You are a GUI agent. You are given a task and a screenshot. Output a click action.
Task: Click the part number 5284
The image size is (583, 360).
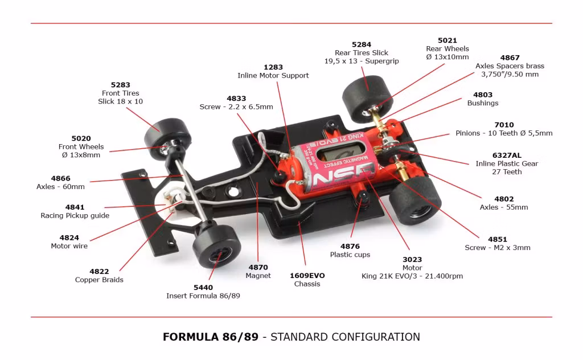pos(362,44)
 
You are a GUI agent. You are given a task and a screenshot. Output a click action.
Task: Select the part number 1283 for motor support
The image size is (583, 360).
pos(273,67)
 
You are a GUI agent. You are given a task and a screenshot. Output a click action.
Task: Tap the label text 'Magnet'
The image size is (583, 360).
pos(258,276)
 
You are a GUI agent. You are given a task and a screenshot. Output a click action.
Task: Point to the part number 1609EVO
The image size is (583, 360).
pos(307,276)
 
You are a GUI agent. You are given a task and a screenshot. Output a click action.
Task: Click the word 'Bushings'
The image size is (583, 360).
pos(483,103)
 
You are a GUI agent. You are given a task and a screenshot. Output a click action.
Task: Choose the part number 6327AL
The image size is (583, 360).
pos(507,156)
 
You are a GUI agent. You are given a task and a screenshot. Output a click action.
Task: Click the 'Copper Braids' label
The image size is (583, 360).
pos(99,280)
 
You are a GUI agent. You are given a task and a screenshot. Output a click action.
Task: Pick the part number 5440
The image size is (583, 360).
pos(203,288)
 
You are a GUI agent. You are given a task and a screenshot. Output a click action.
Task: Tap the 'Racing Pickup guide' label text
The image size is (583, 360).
pos(75,215)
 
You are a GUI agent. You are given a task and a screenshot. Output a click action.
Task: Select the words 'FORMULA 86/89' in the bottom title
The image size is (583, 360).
pos(211,337)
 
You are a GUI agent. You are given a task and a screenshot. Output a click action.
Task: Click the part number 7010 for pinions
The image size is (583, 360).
pos(504,125)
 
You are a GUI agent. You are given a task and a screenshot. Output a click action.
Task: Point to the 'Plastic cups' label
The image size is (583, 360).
pos(350,255)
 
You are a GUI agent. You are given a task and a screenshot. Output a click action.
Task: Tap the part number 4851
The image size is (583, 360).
pos(498,239)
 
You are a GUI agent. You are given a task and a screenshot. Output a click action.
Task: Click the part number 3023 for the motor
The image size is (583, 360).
pos(412,260)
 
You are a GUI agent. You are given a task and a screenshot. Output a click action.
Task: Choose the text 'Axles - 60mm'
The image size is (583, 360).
pos(60,187)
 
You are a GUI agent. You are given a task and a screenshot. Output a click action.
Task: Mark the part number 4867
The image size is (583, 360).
pos(510,58)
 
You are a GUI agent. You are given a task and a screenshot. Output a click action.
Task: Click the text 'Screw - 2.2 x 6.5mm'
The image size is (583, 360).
pos(236,107)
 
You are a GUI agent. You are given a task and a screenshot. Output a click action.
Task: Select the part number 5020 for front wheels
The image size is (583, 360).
pos(81,138)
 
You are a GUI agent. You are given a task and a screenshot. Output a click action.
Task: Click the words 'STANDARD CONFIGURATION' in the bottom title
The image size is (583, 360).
pos(345,337)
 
